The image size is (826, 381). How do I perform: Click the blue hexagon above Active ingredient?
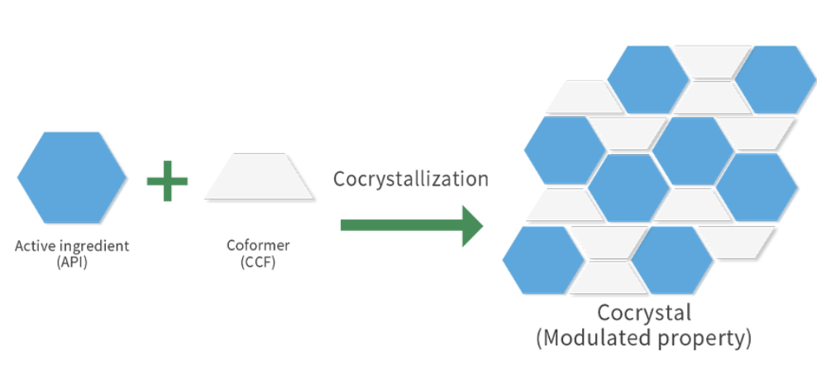point(72,177)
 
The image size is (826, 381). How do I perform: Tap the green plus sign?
point(167,180)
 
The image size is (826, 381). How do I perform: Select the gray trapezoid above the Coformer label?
point(260,176)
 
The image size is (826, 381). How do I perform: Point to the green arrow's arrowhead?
point(472,225)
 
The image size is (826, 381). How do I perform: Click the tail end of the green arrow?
point(347,225)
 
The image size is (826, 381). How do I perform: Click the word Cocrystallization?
point(411,179)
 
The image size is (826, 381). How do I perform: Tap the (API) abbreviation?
point(72,262)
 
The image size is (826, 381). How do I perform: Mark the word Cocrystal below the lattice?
point(644,313)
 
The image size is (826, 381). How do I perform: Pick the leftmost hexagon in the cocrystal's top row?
point(647,80)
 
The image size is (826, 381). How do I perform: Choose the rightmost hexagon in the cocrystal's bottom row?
point(672,259)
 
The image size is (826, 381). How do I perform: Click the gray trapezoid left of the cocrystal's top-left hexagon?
point(584,97)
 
